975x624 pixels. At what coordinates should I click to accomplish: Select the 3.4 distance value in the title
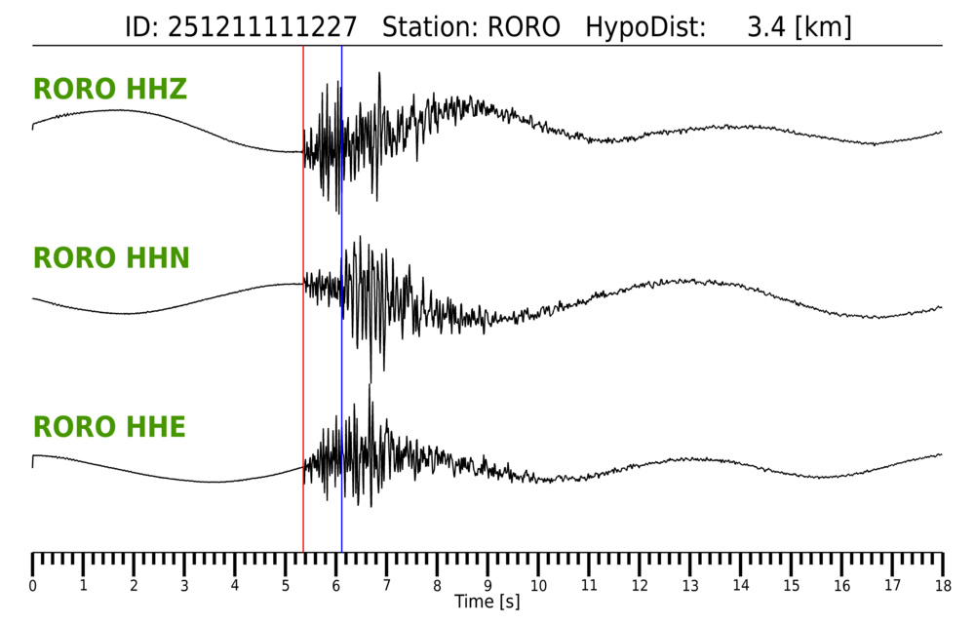[x=766, y=26]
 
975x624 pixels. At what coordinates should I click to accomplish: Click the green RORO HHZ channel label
[x=110, y=90]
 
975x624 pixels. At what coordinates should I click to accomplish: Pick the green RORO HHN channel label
[x=111, y=258]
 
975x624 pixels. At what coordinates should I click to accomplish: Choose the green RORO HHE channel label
[x=109, y=427]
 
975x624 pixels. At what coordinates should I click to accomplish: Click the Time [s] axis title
[x=487, y=603]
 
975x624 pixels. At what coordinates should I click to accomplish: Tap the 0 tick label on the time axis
[x=33, y=585]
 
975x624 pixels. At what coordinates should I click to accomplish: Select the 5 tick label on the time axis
[x=286, y=585]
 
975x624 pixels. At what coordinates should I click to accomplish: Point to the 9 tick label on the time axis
[x=487, y=585]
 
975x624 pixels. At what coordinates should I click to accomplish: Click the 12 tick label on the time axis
[x=640, y=585]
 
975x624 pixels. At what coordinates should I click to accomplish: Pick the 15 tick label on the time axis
[x=791, y=585]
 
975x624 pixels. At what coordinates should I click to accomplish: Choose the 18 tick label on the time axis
[x=942, y=585]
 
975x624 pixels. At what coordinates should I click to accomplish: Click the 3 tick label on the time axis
[x=184, y=585]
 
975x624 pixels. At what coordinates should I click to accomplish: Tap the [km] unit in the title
[x=823, y=26]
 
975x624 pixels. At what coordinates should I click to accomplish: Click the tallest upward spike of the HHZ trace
[x=378, y=75]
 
